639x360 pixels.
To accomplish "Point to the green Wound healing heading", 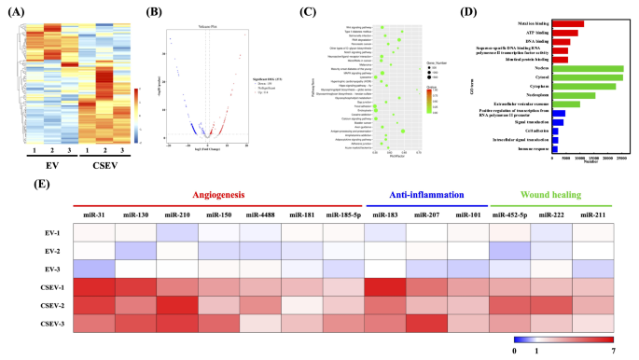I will coord(551,196).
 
